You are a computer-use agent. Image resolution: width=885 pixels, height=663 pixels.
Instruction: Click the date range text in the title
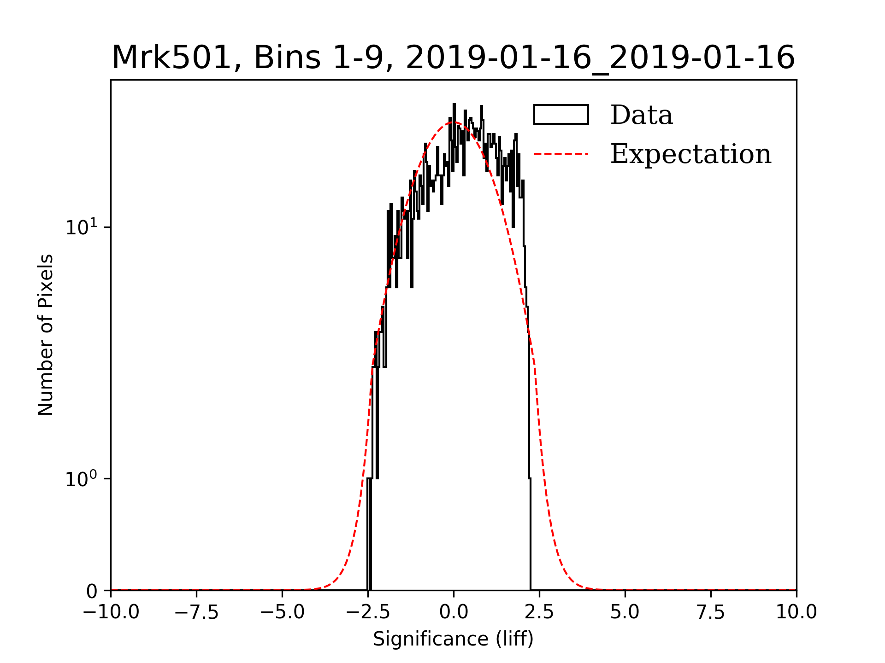(x=600, y=58)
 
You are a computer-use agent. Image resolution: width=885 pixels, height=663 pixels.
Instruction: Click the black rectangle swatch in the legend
(x=561, y=115)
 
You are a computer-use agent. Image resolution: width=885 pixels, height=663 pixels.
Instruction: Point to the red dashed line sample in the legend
(x=561, y=154)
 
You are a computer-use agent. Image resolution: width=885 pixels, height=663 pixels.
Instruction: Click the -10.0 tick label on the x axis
(x=111, y=612)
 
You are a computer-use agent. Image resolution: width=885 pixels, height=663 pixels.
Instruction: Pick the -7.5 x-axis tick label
(x=197, y=612)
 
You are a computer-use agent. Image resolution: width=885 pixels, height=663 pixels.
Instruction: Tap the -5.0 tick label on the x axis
(x=283, y=612)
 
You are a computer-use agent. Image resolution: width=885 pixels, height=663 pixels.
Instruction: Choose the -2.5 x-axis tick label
(x=368, y=612)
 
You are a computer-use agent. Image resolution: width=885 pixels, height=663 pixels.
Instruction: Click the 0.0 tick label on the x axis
(x=454, y=612)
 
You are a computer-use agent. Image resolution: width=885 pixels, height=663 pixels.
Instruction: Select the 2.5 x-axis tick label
(x=539, y=612)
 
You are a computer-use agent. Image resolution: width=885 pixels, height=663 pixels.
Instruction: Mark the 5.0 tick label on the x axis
(x=625, y=612)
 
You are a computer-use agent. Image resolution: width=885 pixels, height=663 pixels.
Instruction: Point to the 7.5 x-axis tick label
(x=711, y=612)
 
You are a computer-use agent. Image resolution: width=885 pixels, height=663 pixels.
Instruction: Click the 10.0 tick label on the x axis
(x=796, y=612)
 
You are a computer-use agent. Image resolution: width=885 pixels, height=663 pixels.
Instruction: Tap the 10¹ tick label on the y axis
(x=82, y=227)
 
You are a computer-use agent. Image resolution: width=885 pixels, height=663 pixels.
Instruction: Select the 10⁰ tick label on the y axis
(x=82, y=479)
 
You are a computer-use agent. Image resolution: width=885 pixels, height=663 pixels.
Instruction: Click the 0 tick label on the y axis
(x=92, y=591)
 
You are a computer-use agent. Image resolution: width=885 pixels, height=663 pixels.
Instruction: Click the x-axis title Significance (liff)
(x=453, y=639)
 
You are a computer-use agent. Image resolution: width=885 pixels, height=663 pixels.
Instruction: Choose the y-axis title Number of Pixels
(x=46, y=335)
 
